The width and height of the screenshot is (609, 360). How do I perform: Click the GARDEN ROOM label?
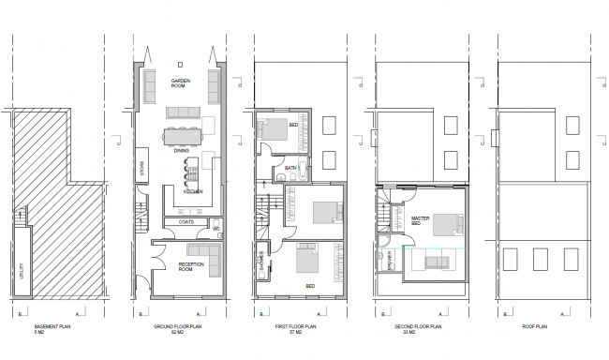click(x=182, y=82)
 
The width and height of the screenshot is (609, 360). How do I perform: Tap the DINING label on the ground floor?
click(x=182, y=150)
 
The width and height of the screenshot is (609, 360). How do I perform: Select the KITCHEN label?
click(x=194, y=191)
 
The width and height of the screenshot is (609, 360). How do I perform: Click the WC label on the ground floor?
click(x=216, y=229)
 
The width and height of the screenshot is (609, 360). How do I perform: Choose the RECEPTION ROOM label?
click(x=192, y=268)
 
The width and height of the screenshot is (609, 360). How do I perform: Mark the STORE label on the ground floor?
click(x=142, y=168)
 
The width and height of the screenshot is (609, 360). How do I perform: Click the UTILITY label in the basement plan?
click(x=20, y=272)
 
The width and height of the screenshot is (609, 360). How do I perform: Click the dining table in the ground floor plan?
click(x=185, y=138)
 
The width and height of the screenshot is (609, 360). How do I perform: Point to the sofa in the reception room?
click(x=201, y=252)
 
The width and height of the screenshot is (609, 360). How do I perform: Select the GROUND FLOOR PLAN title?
click(x=178, y=328)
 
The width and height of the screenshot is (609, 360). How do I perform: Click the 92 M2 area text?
click(x=178, y=334)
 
